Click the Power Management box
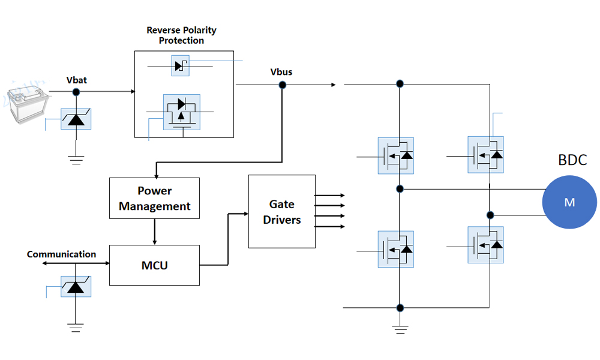click(x=154, y=198)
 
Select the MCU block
click(x=154, y=265)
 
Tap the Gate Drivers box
click(x=281, y=211)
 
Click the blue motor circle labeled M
click(x=569, y=202)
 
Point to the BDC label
click(x=572, y=160)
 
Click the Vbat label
click(x=77, y=79)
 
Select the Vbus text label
click(x=281, y=72)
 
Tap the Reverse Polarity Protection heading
click(x=181, y=35)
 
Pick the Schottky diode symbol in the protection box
click(x=180, y=65)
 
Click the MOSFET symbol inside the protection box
click(x=182, y=112)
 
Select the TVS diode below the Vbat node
click(x=76, y=119)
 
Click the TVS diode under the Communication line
click(x=76, y=286)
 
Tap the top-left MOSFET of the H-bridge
click(x=395, y=156)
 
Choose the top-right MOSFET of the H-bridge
click(x=485, y=155)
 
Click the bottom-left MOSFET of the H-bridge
click(x=395, y=249)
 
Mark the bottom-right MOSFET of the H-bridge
click(x=485, y=245)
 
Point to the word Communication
click(x=61, y=254)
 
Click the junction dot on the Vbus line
click(x=282, y=85)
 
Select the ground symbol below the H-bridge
click(x=400, y=328)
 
